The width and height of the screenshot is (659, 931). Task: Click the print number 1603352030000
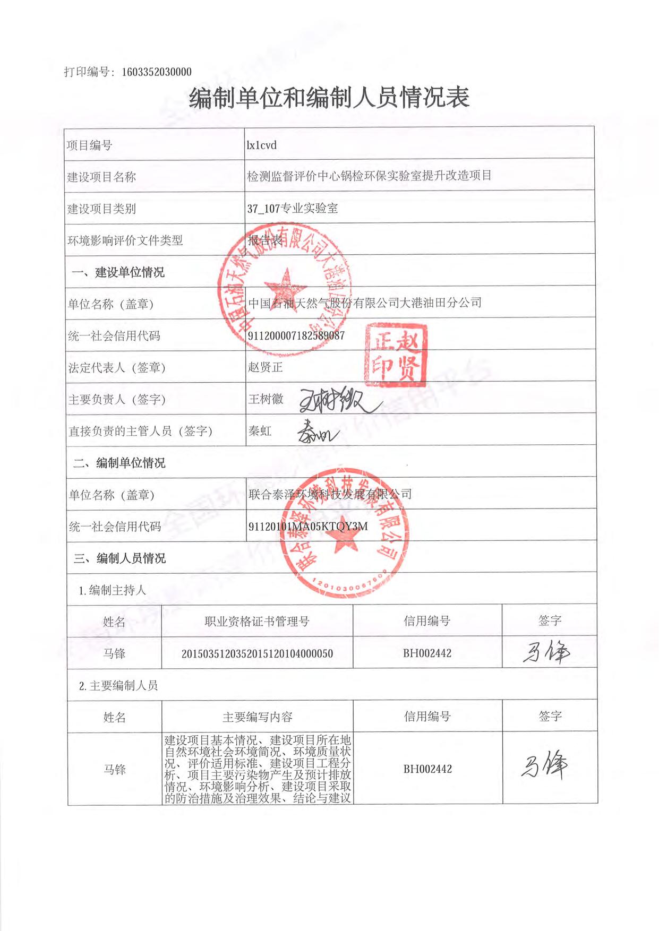(157, 72)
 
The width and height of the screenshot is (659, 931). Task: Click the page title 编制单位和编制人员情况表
(329, 98)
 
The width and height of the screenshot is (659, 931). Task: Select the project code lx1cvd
(262, 145)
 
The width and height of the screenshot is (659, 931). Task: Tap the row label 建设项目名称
(101, 177)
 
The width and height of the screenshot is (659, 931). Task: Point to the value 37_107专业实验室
(293, 209)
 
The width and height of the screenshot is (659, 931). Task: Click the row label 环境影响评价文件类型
(125, 240)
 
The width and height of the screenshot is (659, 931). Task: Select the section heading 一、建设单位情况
(118, 272)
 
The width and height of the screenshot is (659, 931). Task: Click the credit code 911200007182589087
(296, 335)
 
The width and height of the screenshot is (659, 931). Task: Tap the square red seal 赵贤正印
(396, 355)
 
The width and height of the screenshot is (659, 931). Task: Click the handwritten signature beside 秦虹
(317, 432)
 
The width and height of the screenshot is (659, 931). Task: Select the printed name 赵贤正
(266, 367)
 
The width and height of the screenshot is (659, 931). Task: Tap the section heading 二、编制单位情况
(119, 463)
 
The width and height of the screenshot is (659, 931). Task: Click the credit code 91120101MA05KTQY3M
(308, 527)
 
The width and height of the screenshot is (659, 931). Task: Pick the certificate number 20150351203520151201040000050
(257, 654)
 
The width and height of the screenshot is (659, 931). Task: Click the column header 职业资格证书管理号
(257, 622)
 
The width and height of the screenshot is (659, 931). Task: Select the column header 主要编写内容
(258, 717)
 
